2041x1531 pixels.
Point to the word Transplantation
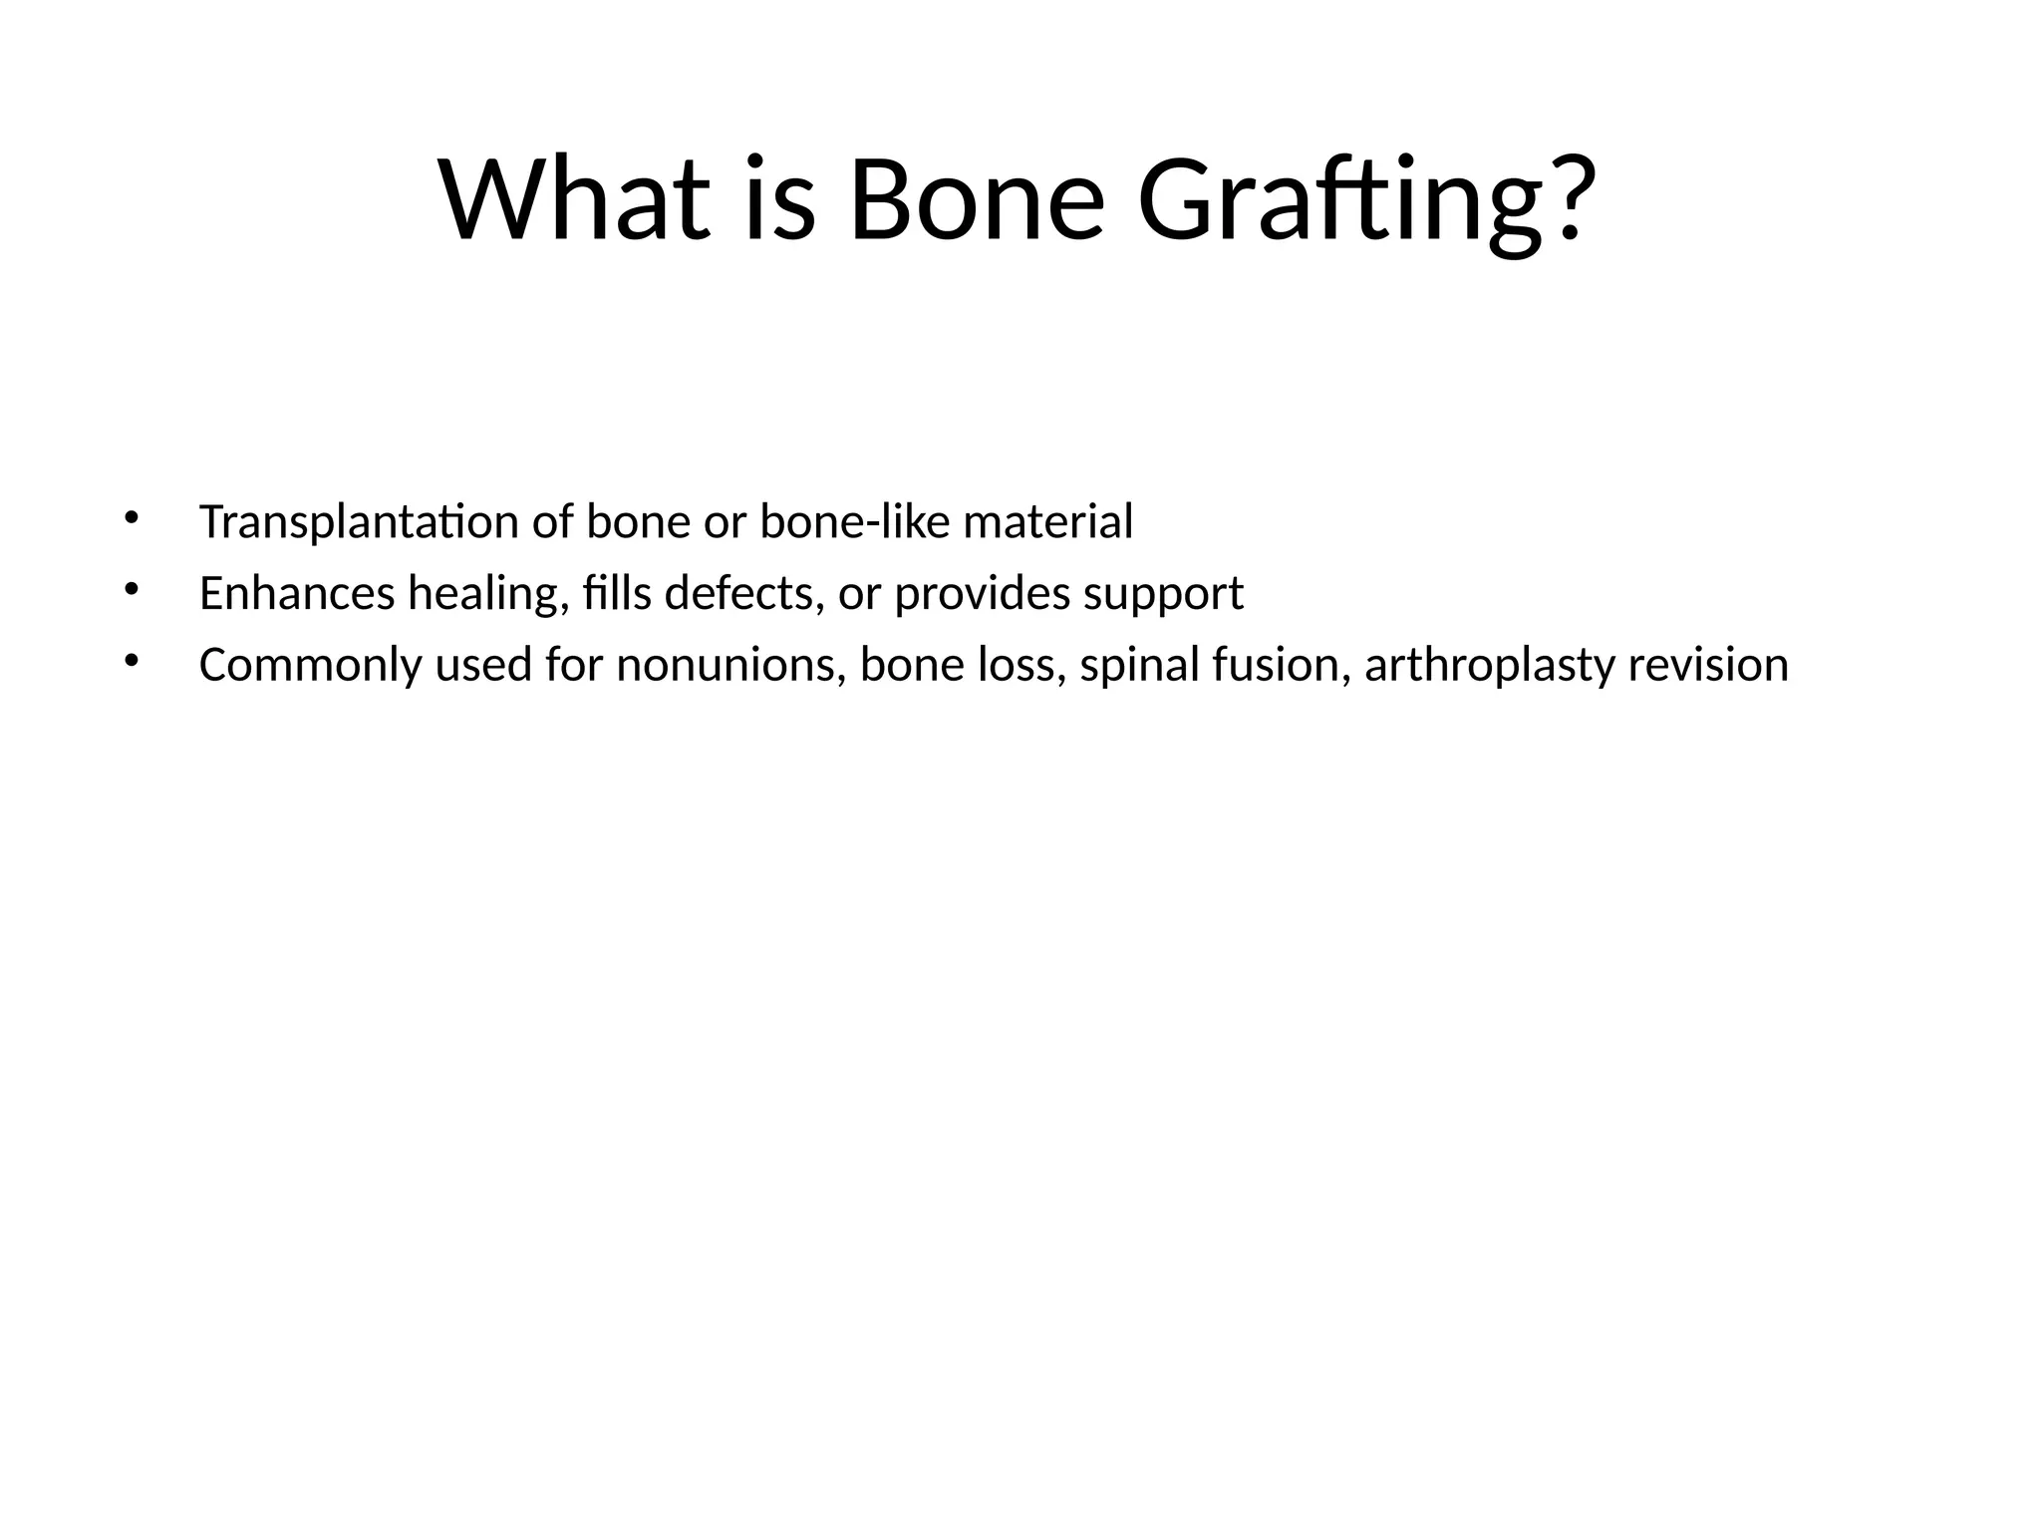click(359, 522)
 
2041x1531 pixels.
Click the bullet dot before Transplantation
click(131, 517)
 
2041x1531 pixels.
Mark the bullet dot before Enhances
click(131, 589)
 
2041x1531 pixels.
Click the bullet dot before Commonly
click(131, 661)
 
